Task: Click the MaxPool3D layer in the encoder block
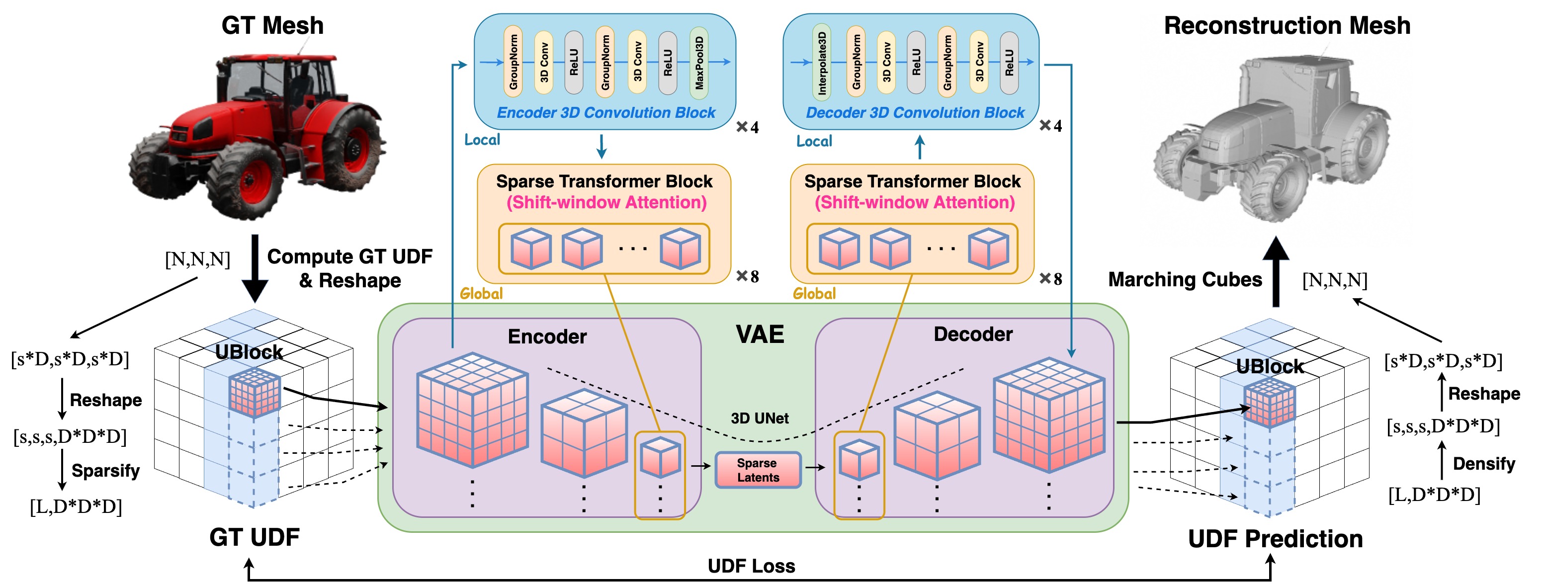point(699,63)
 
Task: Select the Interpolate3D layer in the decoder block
point(822,63)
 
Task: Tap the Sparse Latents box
point(758,470)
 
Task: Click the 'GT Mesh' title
point(272,26)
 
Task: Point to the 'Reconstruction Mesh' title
point(1287,26)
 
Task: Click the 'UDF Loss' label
point(751,566)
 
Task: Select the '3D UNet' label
point(759,418)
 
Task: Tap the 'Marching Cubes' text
point(1185,279)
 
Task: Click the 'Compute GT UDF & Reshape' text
point(349,268)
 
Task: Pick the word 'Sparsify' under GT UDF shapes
point(105,471)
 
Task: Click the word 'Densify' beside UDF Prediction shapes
point(1484,464)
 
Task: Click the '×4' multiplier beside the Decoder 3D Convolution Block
point(1051,126)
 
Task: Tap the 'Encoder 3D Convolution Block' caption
point(606,113)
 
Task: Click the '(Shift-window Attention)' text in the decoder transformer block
point(915,203)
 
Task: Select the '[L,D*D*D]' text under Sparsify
point(76,507)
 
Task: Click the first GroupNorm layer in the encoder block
point(514,63)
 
